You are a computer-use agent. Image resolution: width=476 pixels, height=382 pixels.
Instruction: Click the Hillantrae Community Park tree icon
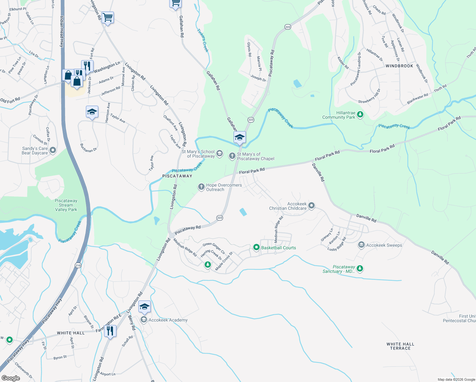tap(360, 114)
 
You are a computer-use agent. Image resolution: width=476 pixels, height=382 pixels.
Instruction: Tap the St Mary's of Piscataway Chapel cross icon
tap(232, 156)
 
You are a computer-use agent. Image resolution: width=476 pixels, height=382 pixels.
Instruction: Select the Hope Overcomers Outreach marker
tap(201, 187)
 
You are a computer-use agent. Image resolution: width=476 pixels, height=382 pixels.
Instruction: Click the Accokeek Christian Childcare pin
tap(311, 206)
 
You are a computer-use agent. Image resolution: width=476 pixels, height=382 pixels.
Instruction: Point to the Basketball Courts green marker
tap(256, 247)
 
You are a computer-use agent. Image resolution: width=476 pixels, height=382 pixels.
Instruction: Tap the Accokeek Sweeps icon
tap(361, 245)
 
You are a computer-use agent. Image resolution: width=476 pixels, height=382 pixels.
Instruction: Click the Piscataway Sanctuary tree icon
tap(360, 269)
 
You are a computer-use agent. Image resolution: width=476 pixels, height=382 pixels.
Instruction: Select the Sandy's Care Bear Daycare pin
tap(53, 150)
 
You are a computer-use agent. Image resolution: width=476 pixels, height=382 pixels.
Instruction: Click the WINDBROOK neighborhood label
tap(399, 66)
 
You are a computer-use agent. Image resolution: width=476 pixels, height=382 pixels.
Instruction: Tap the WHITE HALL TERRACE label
tap(400, 346)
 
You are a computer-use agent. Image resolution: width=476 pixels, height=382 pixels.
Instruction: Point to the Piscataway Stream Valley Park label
tap(66, 205)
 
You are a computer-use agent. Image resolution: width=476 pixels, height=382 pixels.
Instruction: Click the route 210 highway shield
tap(78, 265)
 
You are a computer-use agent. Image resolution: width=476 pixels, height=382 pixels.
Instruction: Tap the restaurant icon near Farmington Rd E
tap(110, 331)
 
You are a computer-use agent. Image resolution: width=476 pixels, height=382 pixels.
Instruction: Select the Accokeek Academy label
tap(168, 320)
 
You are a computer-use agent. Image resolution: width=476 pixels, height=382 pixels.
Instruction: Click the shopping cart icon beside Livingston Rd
tap(108, 18)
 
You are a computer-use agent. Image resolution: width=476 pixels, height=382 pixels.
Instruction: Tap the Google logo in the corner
tap(10, 378)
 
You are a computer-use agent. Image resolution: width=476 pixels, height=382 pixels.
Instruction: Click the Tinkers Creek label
tap(203, 41)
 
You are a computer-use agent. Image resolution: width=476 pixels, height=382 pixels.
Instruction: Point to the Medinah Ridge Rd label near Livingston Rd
tap(185, 247)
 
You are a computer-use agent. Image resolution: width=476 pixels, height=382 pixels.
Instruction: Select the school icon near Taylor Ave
tap(92, 112)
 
